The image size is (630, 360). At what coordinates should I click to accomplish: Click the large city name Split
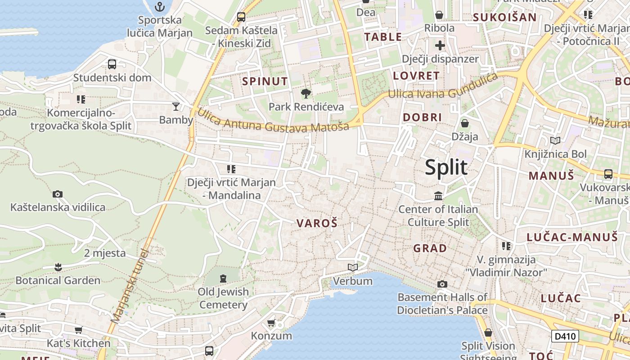pyautogui.click(x=446, y=167)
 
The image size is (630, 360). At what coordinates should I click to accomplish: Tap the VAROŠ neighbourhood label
pyautogui.click(x=317, y=223)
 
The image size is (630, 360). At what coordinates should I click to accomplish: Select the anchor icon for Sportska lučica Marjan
pyautogui.click(x=159, y=7)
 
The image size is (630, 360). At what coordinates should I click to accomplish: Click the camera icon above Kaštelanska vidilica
pyautogui.click(x=58, y=194)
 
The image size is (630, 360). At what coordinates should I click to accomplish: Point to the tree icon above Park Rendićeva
pyautogui.click(x=306, y=94)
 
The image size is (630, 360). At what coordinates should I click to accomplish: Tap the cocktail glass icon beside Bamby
pyautogui.click(x=176, y=107)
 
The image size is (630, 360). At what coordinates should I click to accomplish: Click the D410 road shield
pyautogui.click(x=565, y=336)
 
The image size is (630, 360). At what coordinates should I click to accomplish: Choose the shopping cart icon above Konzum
pyautogui.click(x=271, y=323)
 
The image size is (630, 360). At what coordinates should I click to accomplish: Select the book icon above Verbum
pyautogui.click(x=353, y=268)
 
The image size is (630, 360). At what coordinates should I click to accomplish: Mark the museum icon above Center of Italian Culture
pyautogui.click(x=438, y=196)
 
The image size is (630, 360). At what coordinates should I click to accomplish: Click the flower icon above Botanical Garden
pyautogui.click(x=58, y=267)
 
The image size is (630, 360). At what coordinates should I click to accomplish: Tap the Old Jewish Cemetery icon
pyautogui.click(x=223, y=278)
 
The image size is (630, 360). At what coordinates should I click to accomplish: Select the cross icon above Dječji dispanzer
pyautogui.click(x=440, y=45)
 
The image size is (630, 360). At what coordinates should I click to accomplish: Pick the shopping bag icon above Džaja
pyautogui.click(x=465, y=123)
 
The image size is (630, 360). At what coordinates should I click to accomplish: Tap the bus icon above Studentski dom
pyautogui.click(x=112, y=64)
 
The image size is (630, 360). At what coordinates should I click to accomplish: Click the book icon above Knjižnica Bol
pyautogui.click(x=555, y=141)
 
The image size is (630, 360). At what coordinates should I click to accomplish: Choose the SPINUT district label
pyautogui.click(x=265, y=81)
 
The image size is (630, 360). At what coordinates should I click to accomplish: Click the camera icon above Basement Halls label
pyautogui.click(x=442, y=284)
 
